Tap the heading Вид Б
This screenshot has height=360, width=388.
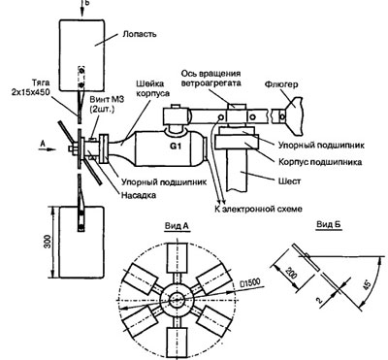click(315, 224)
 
